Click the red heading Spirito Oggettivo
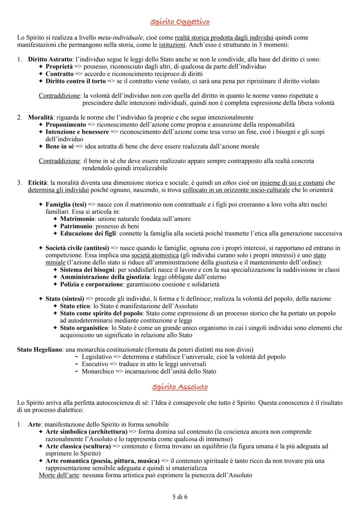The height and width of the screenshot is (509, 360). [x=180, y=22]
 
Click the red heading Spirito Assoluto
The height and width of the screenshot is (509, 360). [x=180, y=387]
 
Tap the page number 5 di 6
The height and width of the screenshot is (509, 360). [x=180, y=497]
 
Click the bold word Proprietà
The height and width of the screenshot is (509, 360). [x=59, y=67]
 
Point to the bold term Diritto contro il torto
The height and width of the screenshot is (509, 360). [x=75, y=81]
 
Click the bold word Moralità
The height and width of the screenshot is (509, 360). [x=41, y=117]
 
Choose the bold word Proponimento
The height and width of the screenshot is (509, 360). [x=66, y=125]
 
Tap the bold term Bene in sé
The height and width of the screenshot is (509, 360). [x=60, y=146]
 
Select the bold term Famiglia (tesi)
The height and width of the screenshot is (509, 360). [x=66, y=204]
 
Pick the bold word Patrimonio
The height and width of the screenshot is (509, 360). [x=76, y=226]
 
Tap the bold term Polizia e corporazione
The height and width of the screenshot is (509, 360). [x=91, y=284]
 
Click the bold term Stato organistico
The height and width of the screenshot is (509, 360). [x=84, y=328]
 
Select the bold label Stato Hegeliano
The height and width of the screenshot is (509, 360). [x=39, y=350]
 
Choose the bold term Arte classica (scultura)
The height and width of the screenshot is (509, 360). [x=78, y=446]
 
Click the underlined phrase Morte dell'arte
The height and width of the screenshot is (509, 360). [x=59, y=475]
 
